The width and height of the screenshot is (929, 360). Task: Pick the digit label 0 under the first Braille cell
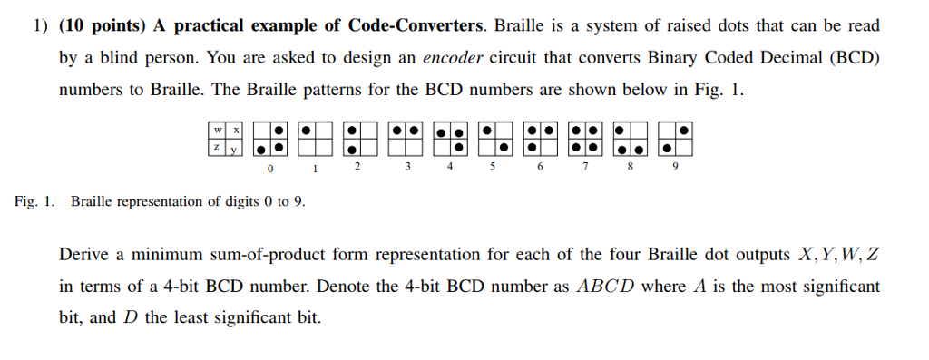point(269,168)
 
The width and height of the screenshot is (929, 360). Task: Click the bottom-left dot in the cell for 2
point(350,148)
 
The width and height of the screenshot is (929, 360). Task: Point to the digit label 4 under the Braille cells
point(451,168)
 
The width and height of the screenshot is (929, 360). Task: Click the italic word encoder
point(455,57)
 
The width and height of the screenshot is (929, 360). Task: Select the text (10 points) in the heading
point(99,25)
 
